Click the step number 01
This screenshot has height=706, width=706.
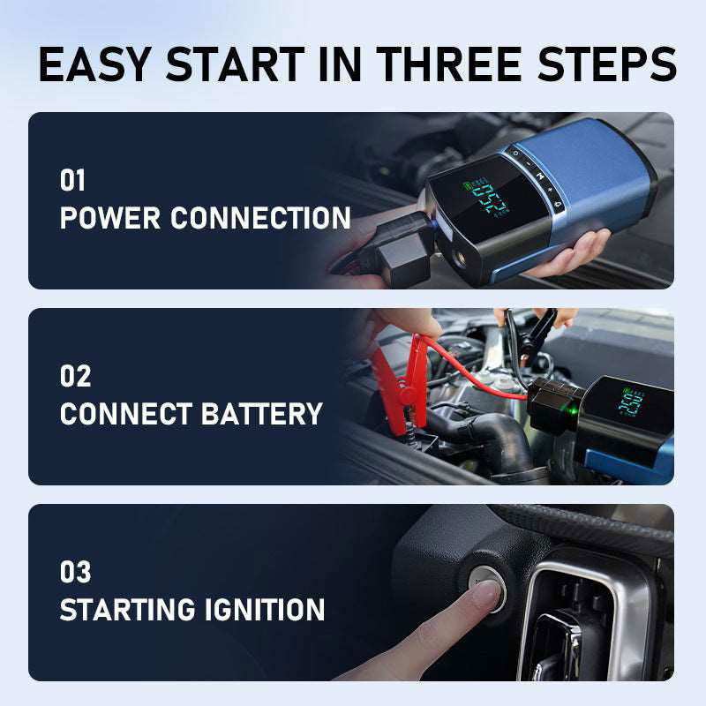click(73, 181)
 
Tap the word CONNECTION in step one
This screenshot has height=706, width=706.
click(260, 218)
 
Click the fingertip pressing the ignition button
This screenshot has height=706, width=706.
click(481, 597)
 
